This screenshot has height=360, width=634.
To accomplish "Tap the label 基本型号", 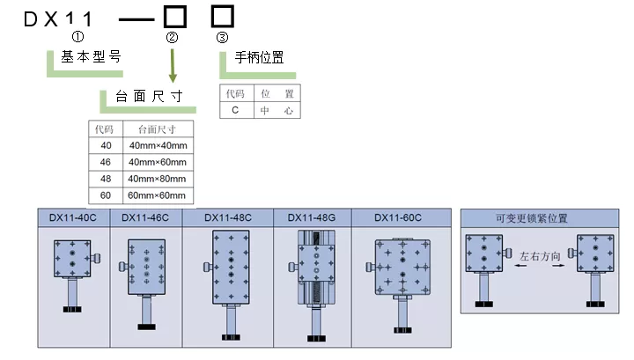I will pyautogui.click(x=91, y=56).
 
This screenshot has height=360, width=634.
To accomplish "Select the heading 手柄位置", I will pyautogui.click(x=259, y=57).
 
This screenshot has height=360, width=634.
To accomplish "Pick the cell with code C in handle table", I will pyautogui.click(x=235, y=110).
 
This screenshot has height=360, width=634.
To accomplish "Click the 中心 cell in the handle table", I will pyautogui.click(x=276, y=110).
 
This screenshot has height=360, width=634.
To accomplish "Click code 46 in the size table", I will pyautogui.click(x=106, y=161).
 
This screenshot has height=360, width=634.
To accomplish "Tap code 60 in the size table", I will pyautogui.click(x=106, y=195).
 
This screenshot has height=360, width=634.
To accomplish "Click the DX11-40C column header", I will pyautogui.click(x=73, y=217).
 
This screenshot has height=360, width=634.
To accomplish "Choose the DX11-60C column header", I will pyautogui.click(x=398, y=217).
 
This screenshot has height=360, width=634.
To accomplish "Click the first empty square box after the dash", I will pyautogui.click(x=173, y=16).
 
